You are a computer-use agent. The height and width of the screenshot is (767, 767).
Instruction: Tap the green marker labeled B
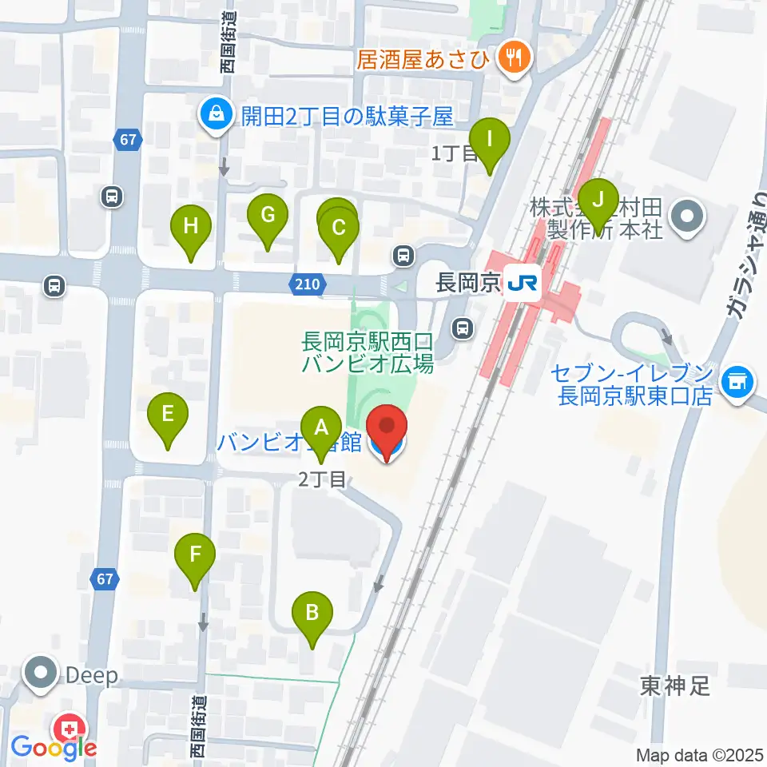312,613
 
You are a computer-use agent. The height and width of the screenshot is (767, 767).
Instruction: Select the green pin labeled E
168,414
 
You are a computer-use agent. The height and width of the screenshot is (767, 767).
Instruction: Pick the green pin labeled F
197,554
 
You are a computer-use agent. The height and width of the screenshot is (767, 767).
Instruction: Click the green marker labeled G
268,214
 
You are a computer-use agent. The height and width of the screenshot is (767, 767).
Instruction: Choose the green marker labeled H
191,225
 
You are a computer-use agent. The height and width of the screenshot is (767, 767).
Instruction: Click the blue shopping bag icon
216,117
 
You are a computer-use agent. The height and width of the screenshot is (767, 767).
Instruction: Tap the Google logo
53,748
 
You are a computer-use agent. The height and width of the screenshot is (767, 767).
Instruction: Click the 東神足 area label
674,685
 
